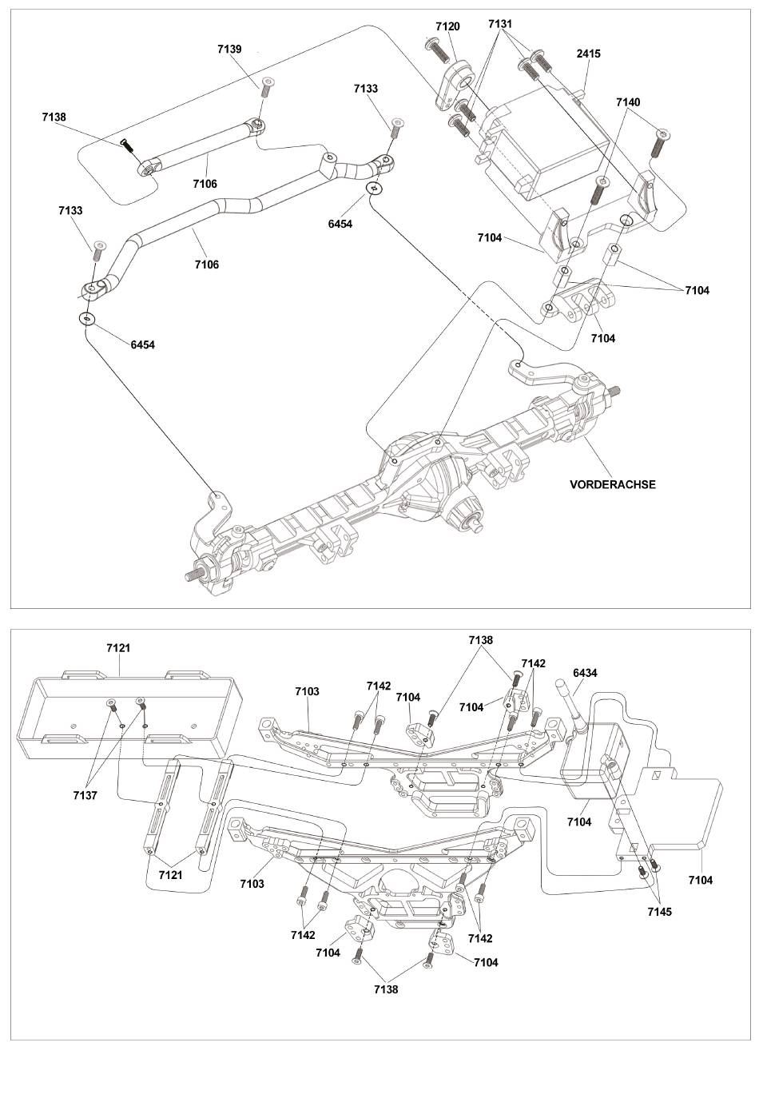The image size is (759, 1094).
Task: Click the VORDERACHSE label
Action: click(x=613, y=484)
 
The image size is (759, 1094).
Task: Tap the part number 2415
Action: click(x=588, y=54)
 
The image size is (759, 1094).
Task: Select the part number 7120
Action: click(x=447, y=26)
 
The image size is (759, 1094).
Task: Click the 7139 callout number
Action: click(x=229, y=49)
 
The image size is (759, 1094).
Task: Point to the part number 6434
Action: click(x=585, y=673)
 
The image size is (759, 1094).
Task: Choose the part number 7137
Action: click(x=85, y=795)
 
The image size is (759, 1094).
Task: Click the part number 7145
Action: click(x=659, y=911)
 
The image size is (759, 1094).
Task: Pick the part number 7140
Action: click(x=628, y=102)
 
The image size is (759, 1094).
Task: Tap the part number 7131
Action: click(x=500, y=23)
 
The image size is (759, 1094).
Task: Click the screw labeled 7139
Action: click(x=267, y=86)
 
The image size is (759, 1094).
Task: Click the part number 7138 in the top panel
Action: click(x=54, y=117)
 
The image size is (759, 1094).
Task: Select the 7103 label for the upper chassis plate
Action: click(x=307, y=691)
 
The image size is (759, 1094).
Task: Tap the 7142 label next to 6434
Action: click(x=533, y=663)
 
